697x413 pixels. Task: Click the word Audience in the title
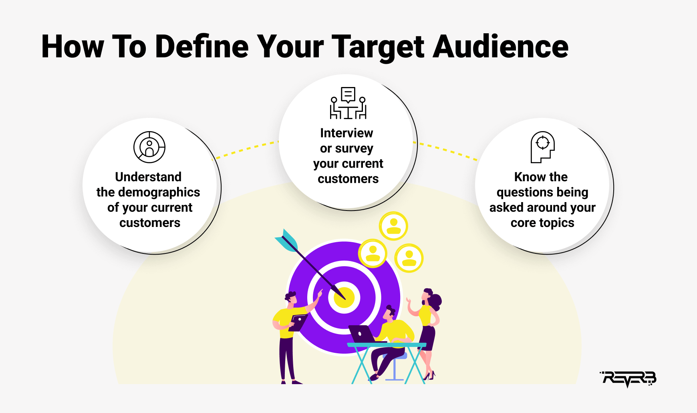[x=501, y=46]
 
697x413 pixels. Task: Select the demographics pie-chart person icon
[x=149, y=147]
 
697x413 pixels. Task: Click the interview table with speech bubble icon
[x=348, y=103]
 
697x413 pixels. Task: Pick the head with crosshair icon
[x=542, y=147]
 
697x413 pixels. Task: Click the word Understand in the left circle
[x=148, y=177]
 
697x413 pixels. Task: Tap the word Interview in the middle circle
[x=346, y=133]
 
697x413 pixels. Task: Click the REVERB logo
[x=628, y=379]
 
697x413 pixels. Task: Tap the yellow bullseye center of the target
[x=344, y=298]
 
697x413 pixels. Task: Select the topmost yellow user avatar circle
[x=393, y=226]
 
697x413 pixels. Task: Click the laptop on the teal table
[x=362, y=334]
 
